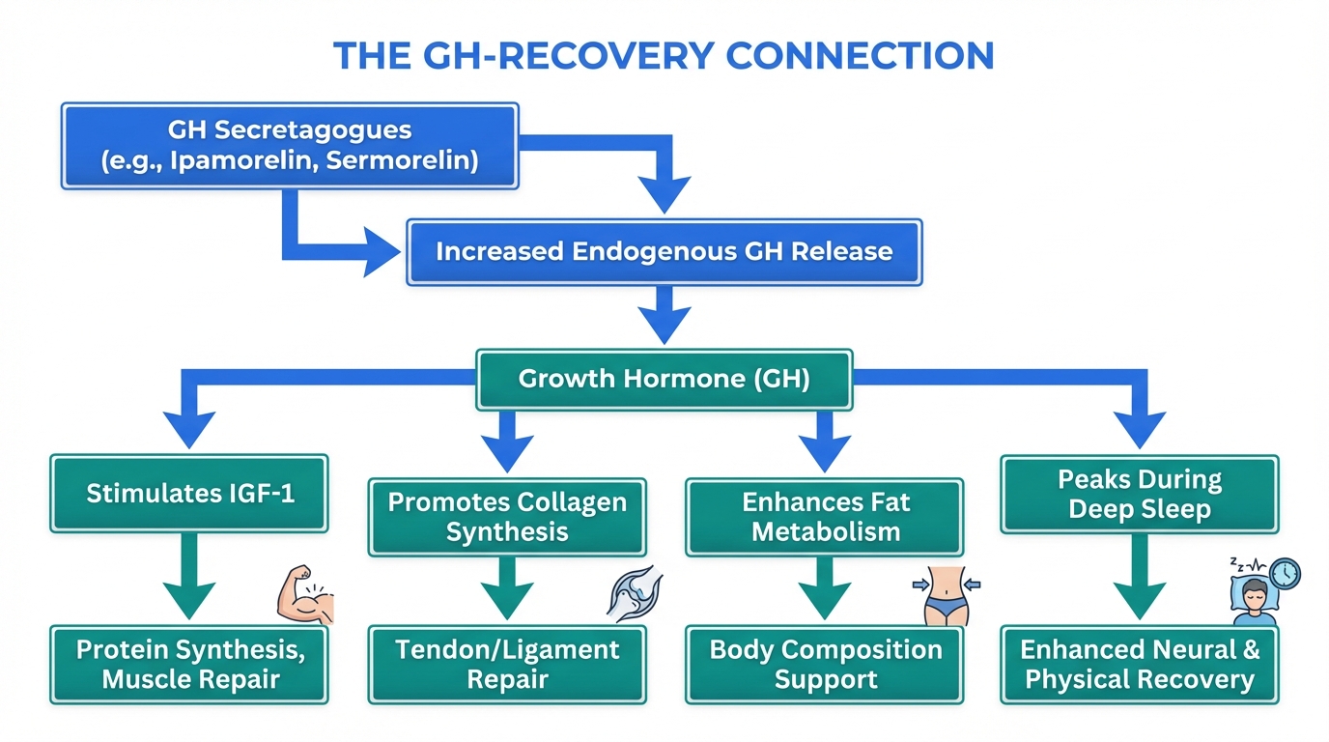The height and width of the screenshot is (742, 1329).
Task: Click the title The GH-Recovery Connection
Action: [664, 55]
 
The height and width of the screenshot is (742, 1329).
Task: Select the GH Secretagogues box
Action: [290, 145]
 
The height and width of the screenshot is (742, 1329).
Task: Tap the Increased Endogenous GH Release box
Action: [664, 251]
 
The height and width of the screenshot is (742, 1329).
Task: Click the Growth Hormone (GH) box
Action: [664, 378]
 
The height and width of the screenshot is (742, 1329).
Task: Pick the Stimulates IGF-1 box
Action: [190, 493]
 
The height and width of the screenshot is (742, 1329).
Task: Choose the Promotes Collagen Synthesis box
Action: [507, 517]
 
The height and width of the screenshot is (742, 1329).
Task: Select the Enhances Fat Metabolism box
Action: [825, 517]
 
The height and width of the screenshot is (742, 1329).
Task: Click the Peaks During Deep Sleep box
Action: [1140, 494]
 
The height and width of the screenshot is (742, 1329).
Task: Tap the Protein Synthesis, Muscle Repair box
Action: [190, 664]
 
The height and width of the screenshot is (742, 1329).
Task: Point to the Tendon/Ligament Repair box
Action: [507, 664]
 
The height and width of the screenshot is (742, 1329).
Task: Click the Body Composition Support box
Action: [825, 664]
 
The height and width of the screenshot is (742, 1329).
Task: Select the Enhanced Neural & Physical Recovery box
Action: [1140, 664]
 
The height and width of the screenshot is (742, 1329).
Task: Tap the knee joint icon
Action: [634, 592]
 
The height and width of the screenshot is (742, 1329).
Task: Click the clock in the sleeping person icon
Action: [1285, 574]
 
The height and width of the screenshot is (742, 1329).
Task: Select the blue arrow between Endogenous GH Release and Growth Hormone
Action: [664, 314]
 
